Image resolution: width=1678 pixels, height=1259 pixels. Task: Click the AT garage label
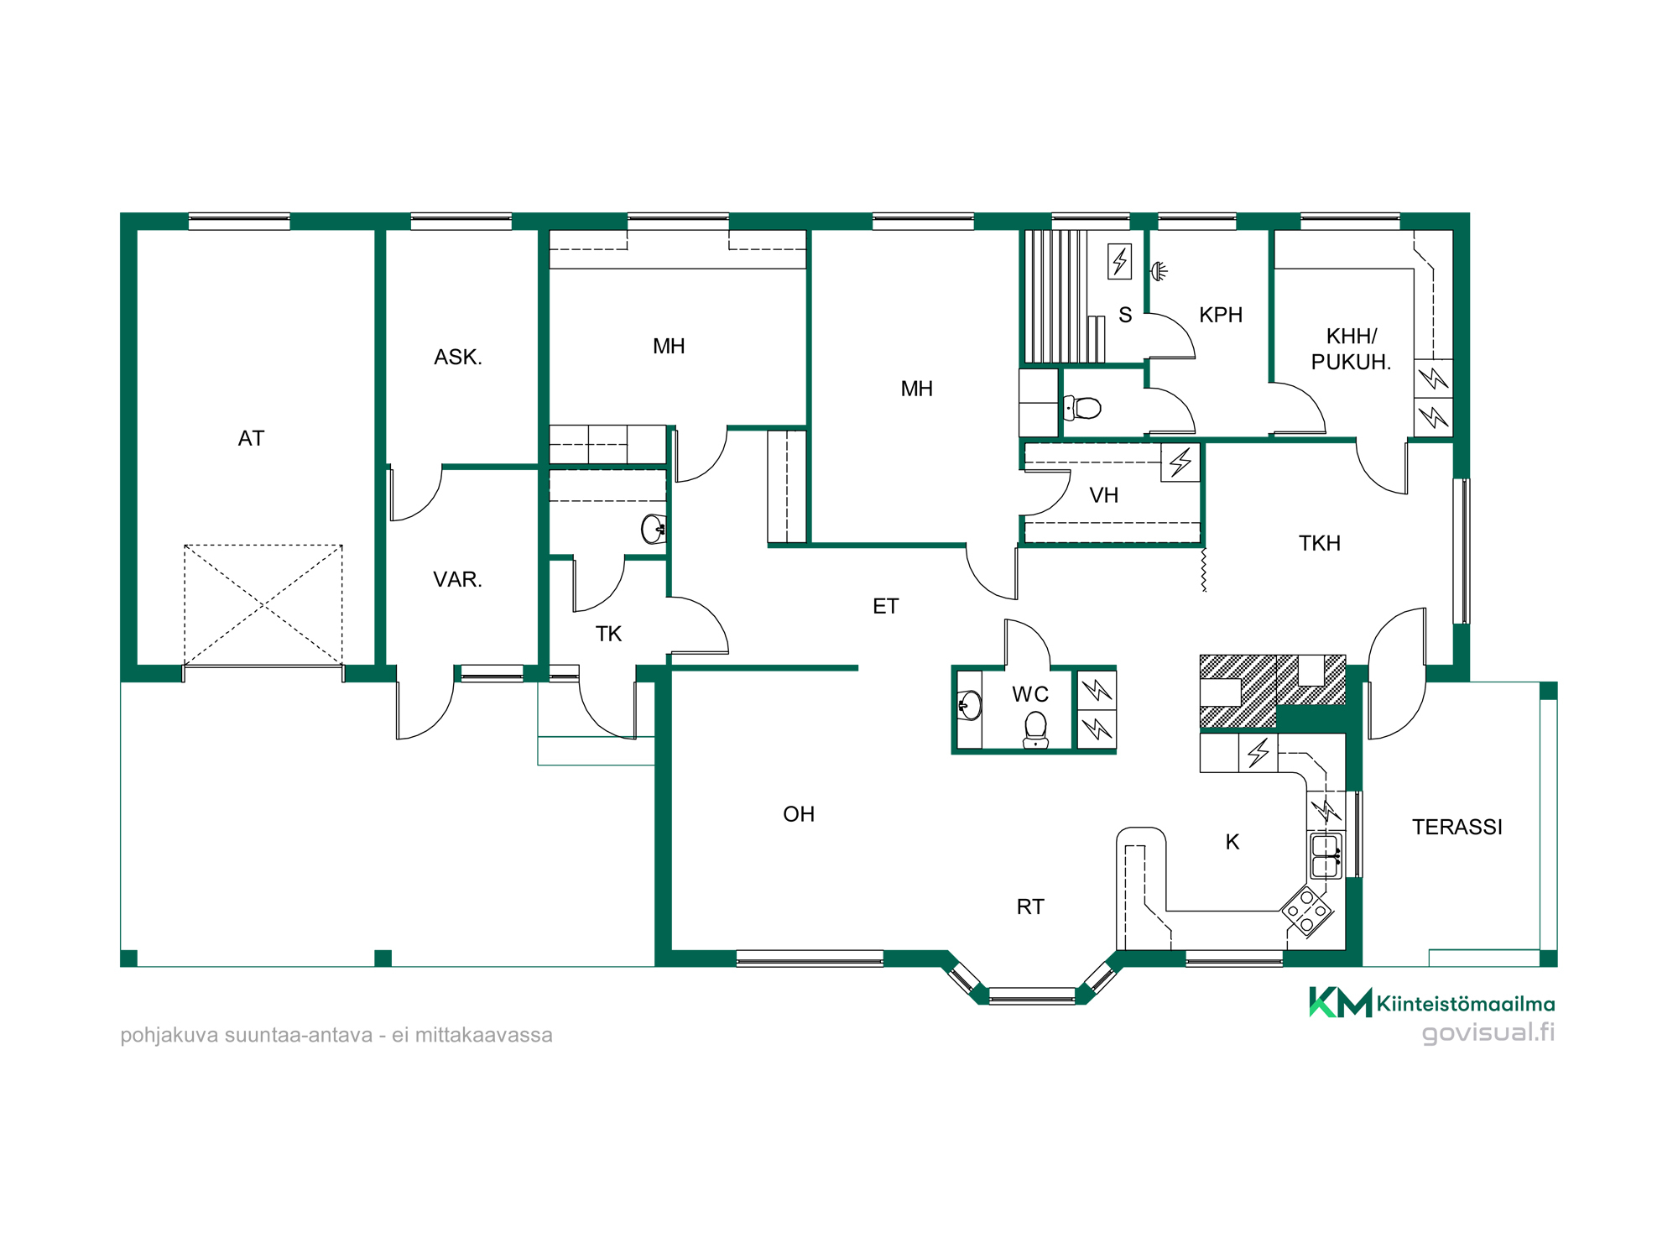251,438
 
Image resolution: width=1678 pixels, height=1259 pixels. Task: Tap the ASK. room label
458,357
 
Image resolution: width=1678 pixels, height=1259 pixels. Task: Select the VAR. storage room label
457,579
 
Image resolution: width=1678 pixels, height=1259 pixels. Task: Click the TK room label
609,634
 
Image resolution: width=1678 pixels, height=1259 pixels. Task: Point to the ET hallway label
885,606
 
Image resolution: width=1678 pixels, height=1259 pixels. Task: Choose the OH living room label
799,814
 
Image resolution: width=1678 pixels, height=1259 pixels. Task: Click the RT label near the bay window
1030,906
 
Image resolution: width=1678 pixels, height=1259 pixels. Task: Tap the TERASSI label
1457,827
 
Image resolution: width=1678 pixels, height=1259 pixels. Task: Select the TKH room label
1320,543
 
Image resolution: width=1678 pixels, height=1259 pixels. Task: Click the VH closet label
1104,495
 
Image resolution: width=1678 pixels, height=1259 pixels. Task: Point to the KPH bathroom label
1221,315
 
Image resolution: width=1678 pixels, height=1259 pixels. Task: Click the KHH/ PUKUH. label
1351,349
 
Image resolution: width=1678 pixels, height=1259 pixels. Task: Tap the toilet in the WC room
1036,729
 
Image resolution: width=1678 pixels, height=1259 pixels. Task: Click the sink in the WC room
969,706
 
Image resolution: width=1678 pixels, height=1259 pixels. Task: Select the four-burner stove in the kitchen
1307,911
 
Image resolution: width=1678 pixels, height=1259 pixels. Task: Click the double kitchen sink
1326,855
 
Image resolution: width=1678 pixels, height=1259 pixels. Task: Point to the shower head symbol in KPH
1159,270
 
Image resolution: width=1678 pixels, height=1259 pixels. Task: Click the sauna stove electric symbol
1120,261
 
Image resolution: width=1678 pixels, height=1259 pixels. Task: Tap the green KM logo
1340,1002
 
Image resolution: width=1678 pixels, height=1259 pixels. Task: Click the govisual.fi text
1488,1032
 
